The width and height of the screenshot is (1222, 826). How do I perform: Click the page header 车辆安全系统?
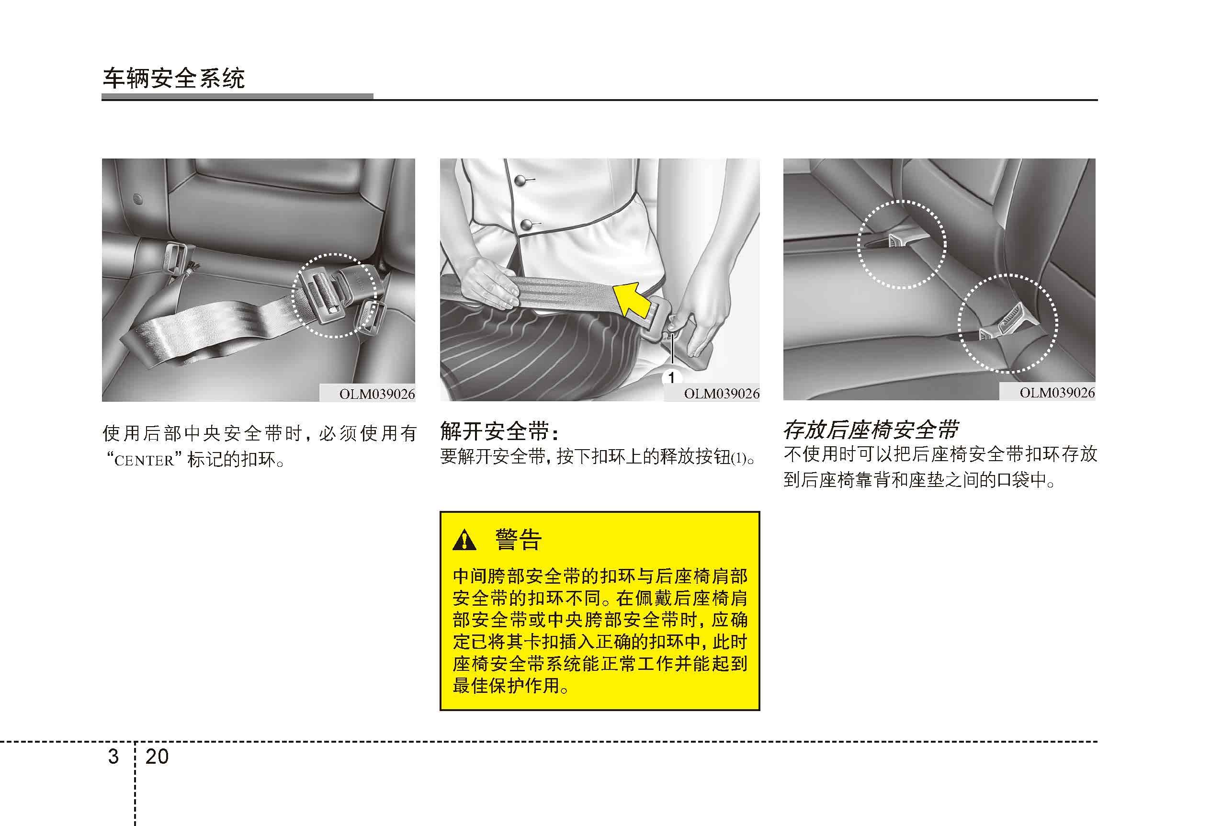tap(173, 79)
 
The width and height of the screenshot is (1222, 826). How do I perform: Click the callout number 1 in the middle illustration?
tap(671, 377)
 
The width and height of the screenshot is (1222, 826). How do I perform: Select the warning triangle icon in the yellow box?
tap(464, 540)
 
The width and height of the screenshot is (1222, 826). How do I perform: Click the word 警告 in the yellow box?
tap(519, 540)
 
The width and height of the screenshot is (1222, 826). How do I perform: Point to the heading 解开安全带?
tap(499, 431)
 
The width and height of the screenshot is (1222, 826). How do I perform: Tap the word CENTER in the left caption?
tap(144, 461)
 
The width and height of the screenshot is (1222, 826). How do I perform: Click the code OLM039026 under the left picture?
tap(377, 394)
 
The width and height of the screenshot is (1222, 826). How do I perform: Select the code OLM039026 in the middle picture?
tap(722, 393)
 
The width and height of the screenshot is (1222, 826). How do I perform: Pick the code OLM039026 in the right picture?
tap(1057, 392)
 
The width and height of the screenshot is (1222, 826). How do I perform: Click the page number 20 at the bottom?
tap(157, 757)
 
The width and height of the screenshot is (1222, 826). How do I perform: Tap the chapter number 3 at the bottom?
tap(113, 757)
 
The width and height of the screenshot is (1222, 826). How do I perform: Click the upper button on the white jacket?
tap(520, 181)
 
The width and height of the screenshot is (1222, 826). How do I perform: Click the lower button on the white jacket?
tap(526, 225)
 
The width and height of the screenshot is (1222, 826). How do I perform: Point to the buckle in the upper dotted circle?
tap(897, 241)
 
